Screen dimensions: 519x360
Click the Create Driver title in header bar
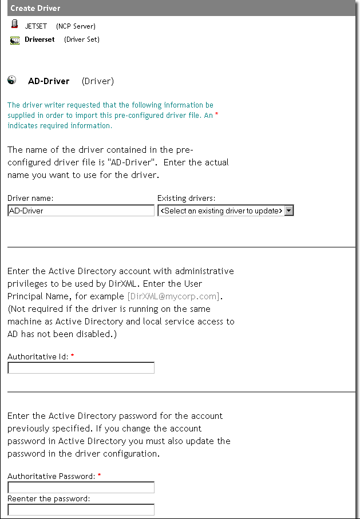[35, 9]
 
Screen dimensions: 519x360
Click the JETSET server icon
[14, 25]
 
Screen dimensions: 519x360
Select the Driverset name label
[39, 39]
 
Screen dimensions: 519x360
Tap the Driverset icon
[15, 39]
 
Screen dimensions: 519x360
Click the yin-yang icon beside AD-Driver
[12, 81]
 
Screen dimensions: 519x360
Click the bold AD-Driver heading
[49, 81]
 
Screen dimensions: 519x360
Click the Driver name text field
[81, 211]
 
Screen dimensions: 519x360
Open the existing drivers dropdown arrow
[289, 211]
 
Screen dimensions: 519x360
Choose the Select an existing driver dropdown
[221, 211]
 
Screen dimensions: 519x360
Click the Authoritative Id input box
[81, 368]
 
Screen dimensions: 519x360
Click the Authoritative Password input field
[81, 488]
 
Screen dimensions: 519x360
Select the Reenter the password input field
[81, 509]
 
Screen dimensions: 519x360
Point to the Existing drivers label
[186, 199]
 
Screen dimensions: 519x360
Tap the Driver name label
[30, 199]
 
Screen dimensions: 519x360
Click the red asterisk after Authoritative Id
[73, 356]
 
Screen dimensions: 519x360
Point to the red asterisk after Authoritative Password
[100, 476]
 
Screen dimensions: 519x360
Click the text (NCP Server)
[76, 26]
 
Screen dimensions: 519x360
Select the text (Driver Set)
[81, 39]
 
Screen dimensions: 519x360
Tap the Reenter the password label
[49, 498]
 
